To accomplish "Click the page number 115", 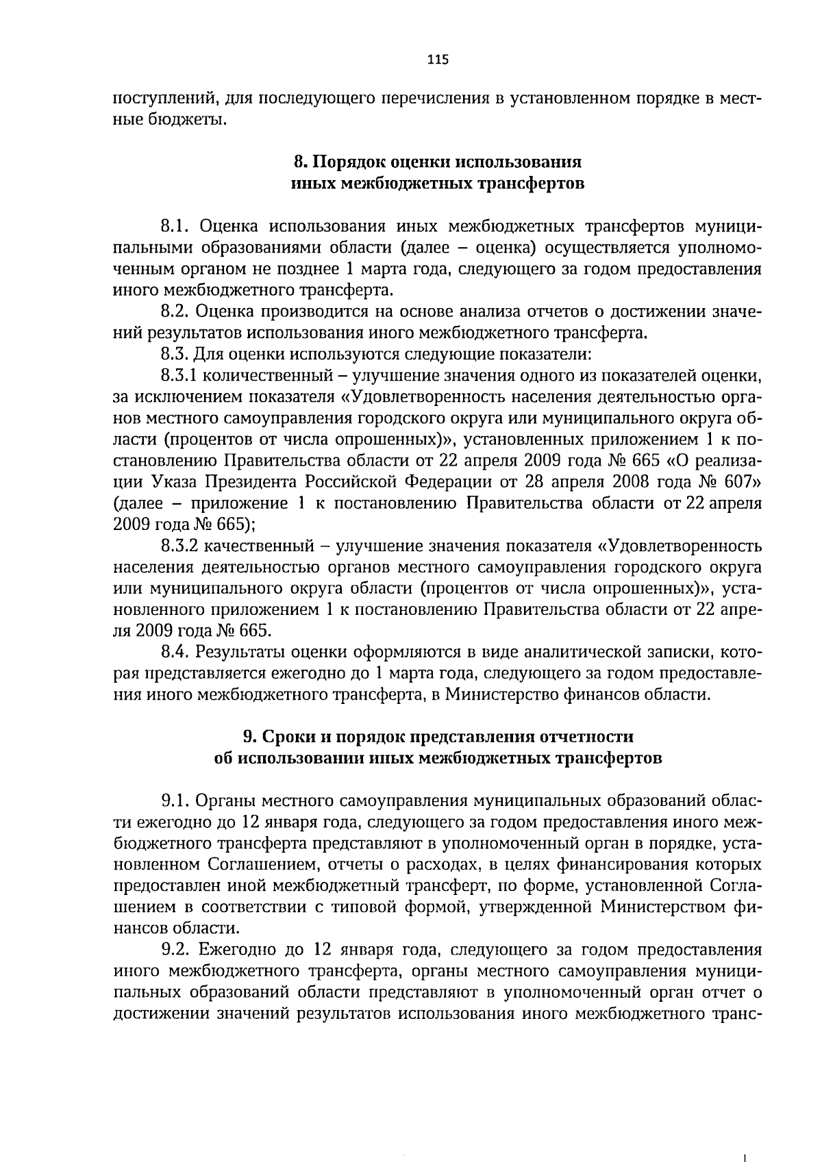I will (437, 60).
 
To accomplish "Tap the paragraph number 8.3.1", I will (179, 376).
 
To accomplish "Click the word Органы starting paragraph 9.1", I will (223, 800).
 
